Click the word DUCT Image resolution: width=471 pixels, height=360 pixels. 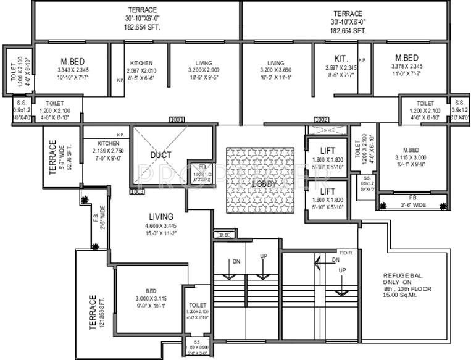tap(160, 154)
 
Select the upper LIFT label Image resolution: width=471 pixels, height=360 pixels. tap(327, 151)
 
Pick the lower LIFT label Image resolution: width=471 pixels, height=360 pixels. tap(327, 191)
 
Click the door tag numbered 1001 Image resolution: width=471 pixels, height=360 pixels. tap(177, 119)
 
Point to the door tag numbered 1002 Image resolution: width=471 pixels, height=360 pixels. tap(321, 119)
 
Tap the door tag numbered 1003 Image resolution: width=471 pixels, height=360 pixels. tap(137, 191)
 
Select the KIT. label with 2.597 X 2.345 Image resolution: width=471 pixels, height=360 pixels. tap(340, 57)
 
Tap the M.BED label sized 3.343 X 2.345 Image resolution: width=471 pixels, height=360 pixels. tap(72, 61)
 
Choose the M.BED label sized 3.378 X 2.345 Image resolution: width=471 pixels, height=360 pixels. tap(407, 57)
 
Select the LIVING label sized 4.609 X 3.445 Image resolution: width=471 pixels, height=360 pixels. tap(160, 216)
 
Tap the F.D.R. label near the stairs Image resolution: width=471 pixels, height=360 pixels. tap(345, 252)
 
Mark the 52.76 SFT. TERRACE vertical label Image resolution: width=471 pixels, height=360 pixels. tap(53, 158)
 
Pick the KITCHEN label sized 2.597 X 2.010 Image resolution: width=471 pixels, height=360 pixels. tap(141, 63)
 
